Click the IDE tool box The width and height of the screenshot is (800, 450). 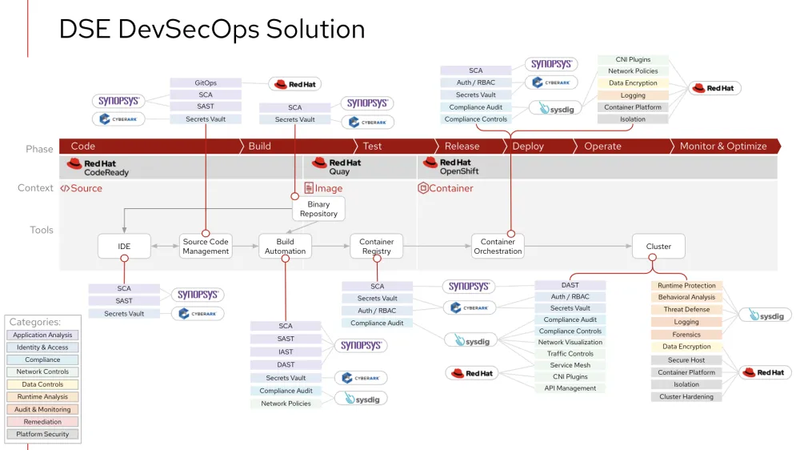[x=124, y=246]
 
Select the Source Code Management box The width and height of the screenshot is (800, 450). [x=206, y=246]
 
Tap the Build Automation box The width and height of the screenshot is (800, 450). [x=286, y=246]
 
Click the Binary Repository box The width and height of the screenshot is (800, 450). [x=318, y=209]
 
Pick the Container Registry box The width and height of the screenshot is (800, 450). [x=377, y=246]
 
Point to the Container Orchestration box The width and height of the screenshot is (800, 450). [x=498, y=246]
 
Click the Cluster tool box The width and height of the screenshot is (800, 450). [x=659, y=246]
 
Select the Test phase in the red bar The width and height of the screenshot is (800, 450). [x=373, y=147]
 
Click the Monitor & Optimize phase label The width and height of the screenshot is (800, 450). [x=723, y=147]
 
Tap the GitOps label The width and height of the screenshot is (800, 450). [x=206, y=83]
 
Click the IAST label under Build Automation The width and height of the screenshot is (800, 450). [x=286, y=352]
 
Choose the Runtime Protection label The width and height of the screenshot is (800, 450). [x=686, y=285]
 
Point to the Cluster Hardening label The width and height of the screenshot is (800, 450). [x=686, y=396]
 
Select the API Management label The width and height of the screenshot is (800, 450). [x=570, y=388]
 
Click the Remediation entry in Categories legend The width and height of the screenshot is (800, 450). [x=43, y=422]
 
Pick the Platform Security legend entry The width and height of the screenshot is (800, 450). [x=43, y=434]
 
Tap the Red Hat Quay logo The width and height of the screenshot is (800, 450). [x=338, y=167]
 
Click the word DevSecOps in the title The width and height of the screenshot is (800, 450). [x=189, y=29]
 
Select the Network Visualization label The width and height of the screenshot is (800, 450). [x=570, y=342]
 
